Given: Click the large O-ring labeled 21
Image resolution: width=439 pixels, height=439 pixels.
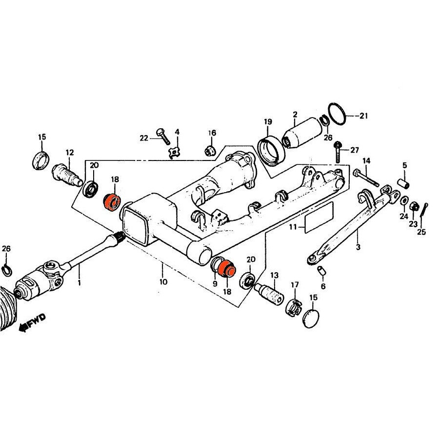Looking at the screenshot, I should [x=338, y=117].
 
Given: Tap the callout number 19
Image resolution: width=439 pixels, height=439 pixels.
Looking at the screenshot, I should [x=268, y=121].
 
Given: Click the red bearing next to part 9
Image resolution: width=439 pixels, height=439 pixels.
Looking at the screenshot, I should [x=226, y=268].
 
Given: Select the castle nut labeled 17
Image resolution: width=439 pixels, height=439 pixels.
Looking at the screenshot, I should [x=294, y=306].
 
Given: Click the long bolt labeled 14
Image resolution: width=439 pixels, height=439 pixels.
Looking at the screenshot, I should [x=366, y=178].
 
